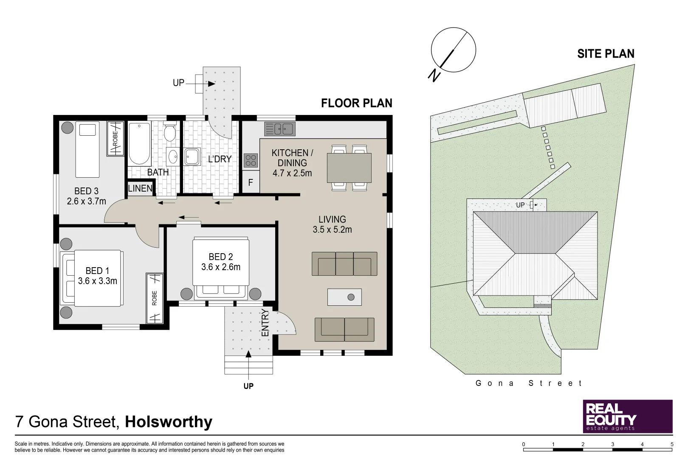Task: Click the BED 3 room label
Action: coord(86,191)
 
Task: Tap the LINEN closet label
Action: coord(140,188)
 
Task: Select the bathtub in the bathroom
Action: coord(139,144)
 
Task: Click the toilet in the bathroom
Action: coord(170,132)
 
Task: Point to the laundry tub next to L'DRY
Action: coord(192,156)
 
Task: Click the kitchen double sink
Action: coord(279,128)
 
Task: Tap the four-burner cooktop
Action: coord(251,160)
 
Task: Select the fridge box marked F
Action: coord(251,182)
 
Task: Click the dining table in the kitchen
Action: coord(349,168)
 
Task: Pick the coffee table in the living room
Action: coord(344,297)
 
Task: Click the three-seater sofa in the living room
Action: coord(344,264)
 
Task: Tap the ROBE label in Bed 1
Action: coord(155,298)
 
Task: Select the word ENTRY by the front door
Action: coord(265,323)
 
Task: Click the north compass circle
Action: coord(453,50)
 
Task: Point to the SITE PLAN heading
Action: coord(606,54)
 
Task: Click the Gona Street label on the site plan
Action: coord(529,383)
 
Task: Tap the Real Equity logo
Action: coord(627,416)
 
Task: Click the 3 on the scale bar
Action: coord(612,444)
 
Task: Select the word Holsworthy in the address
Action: coord(169,422)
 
